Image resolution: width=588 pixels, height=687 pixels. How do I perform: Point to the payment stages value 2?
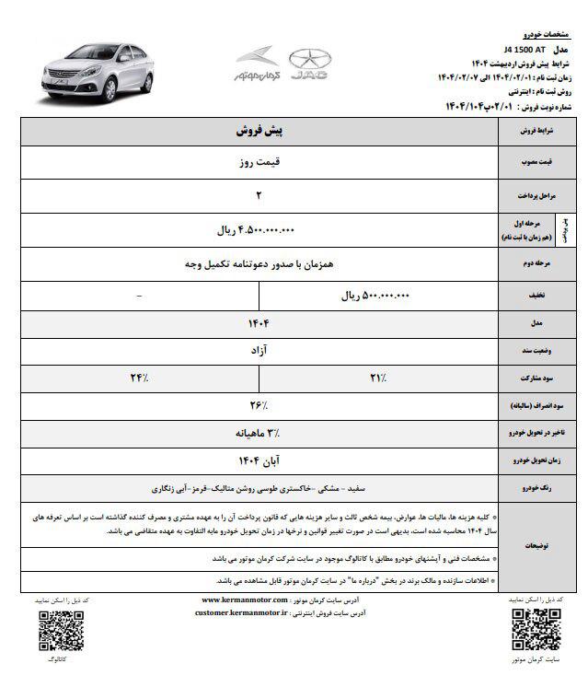257,195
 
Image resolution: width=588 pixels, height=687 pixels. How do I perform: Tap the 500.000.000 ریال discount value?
375,296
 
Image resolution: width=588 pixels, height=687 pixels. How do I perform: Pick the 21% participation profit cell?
376,378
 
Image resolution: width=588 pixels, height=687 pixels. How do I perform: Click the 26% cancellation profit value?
257,405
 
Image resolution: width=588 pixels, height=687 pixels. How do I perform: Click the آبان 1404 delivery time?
257,459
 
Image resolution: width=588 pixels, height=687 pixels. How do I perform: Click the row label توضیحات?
534,546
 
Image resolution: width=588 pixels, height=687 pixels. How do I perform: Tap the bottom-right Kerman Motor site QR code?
532,630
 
